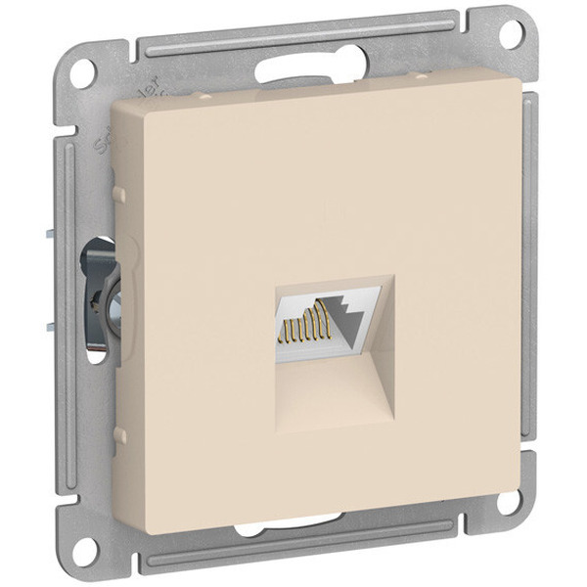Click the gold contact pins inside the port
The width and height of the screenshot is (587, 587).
click(301, 324)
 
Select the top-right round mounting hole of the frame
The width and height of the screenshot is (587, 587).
click(512, 32)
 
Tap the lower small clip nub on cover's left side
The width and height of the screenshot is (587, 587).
click(117, 431)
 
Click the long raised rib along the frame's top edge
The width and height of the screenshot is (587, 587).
click(293, 34)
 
